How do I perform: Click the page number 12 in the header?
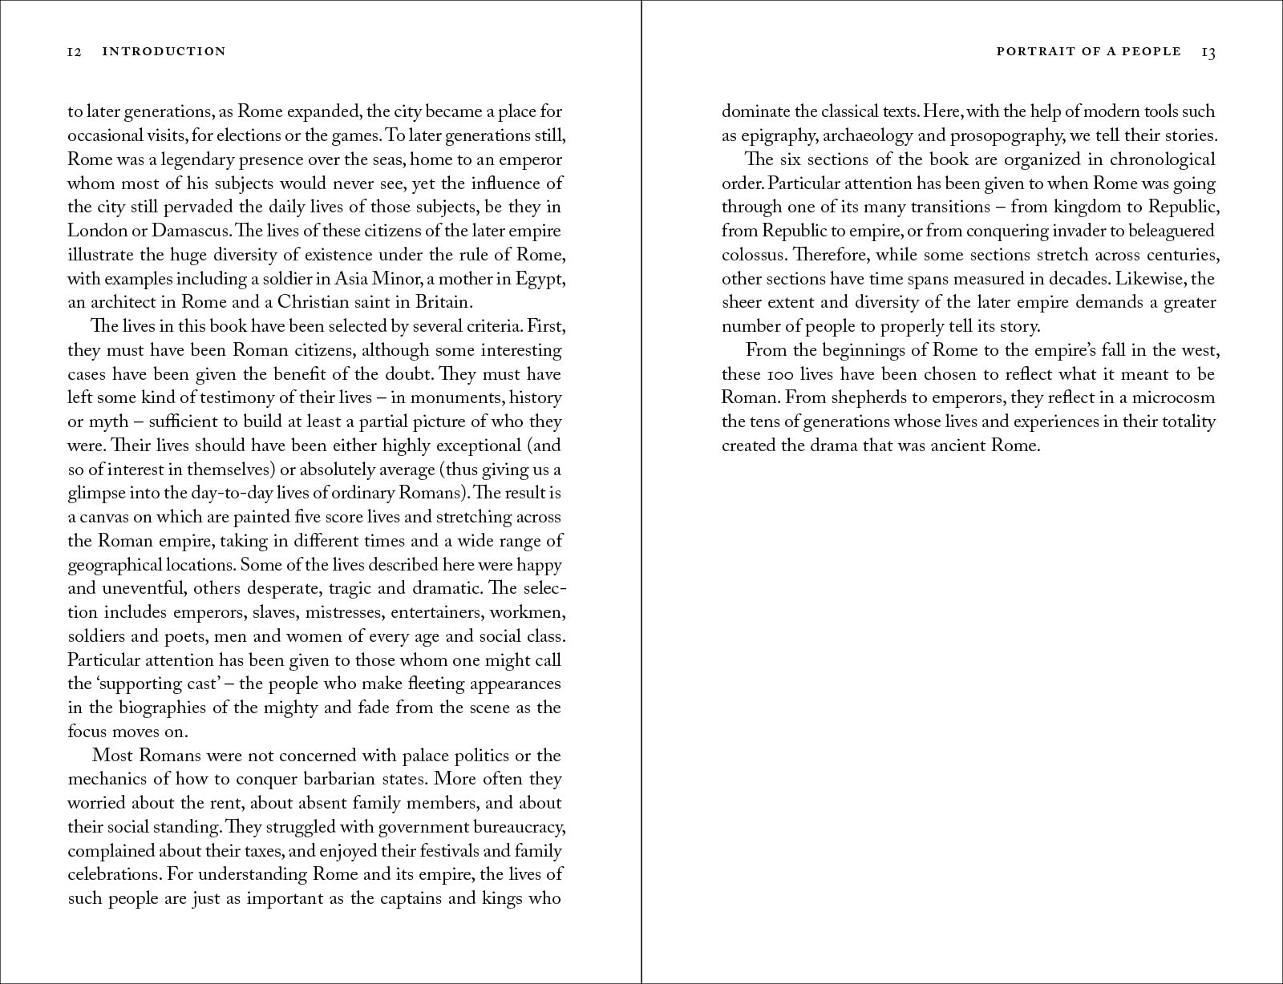click(75, 52)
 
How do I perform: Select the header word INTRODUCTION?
click(164, 52)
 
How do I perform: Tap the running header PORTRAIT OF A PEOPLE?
click(1088, 51)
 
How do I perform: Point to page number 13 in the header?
click(1208, 53)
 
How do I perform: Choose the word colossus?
click(754, 255)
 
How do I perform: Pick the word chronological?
click(1163, 159)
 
